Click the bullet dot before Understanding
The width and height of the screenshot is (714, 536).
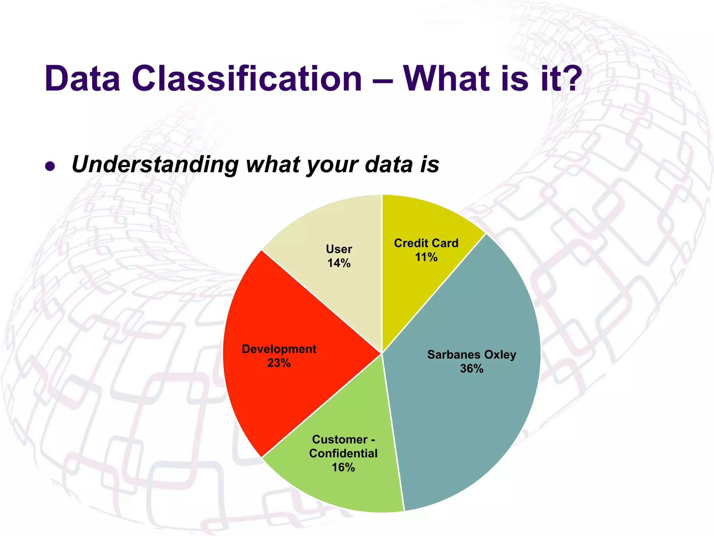[50, 166]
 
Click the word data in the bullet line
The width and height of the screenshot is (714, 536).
[389, 164]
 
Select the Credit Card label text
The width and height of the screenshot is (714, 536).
[426, 243]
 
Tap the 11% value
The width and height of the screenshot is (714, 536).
[426, 258]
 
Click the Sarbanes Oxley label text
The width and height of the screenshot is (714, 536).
[472, 355]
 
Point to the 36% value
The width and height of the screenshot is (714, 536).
[472, 369]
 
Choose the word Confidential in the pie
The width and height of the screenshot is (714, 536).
[343, 453]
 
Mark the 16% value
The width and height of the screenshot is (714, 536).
[343, 468]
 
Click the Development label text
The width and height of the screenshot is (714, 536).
[279, 349]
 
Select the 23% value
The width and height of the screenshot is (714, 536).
[279, 363]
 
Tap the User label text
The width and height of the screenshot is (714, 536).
[339, 249]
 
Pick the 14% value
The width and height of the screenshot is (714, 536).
[339, 263]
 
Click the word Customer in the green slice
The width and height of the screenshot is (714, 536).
[340, 439]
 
